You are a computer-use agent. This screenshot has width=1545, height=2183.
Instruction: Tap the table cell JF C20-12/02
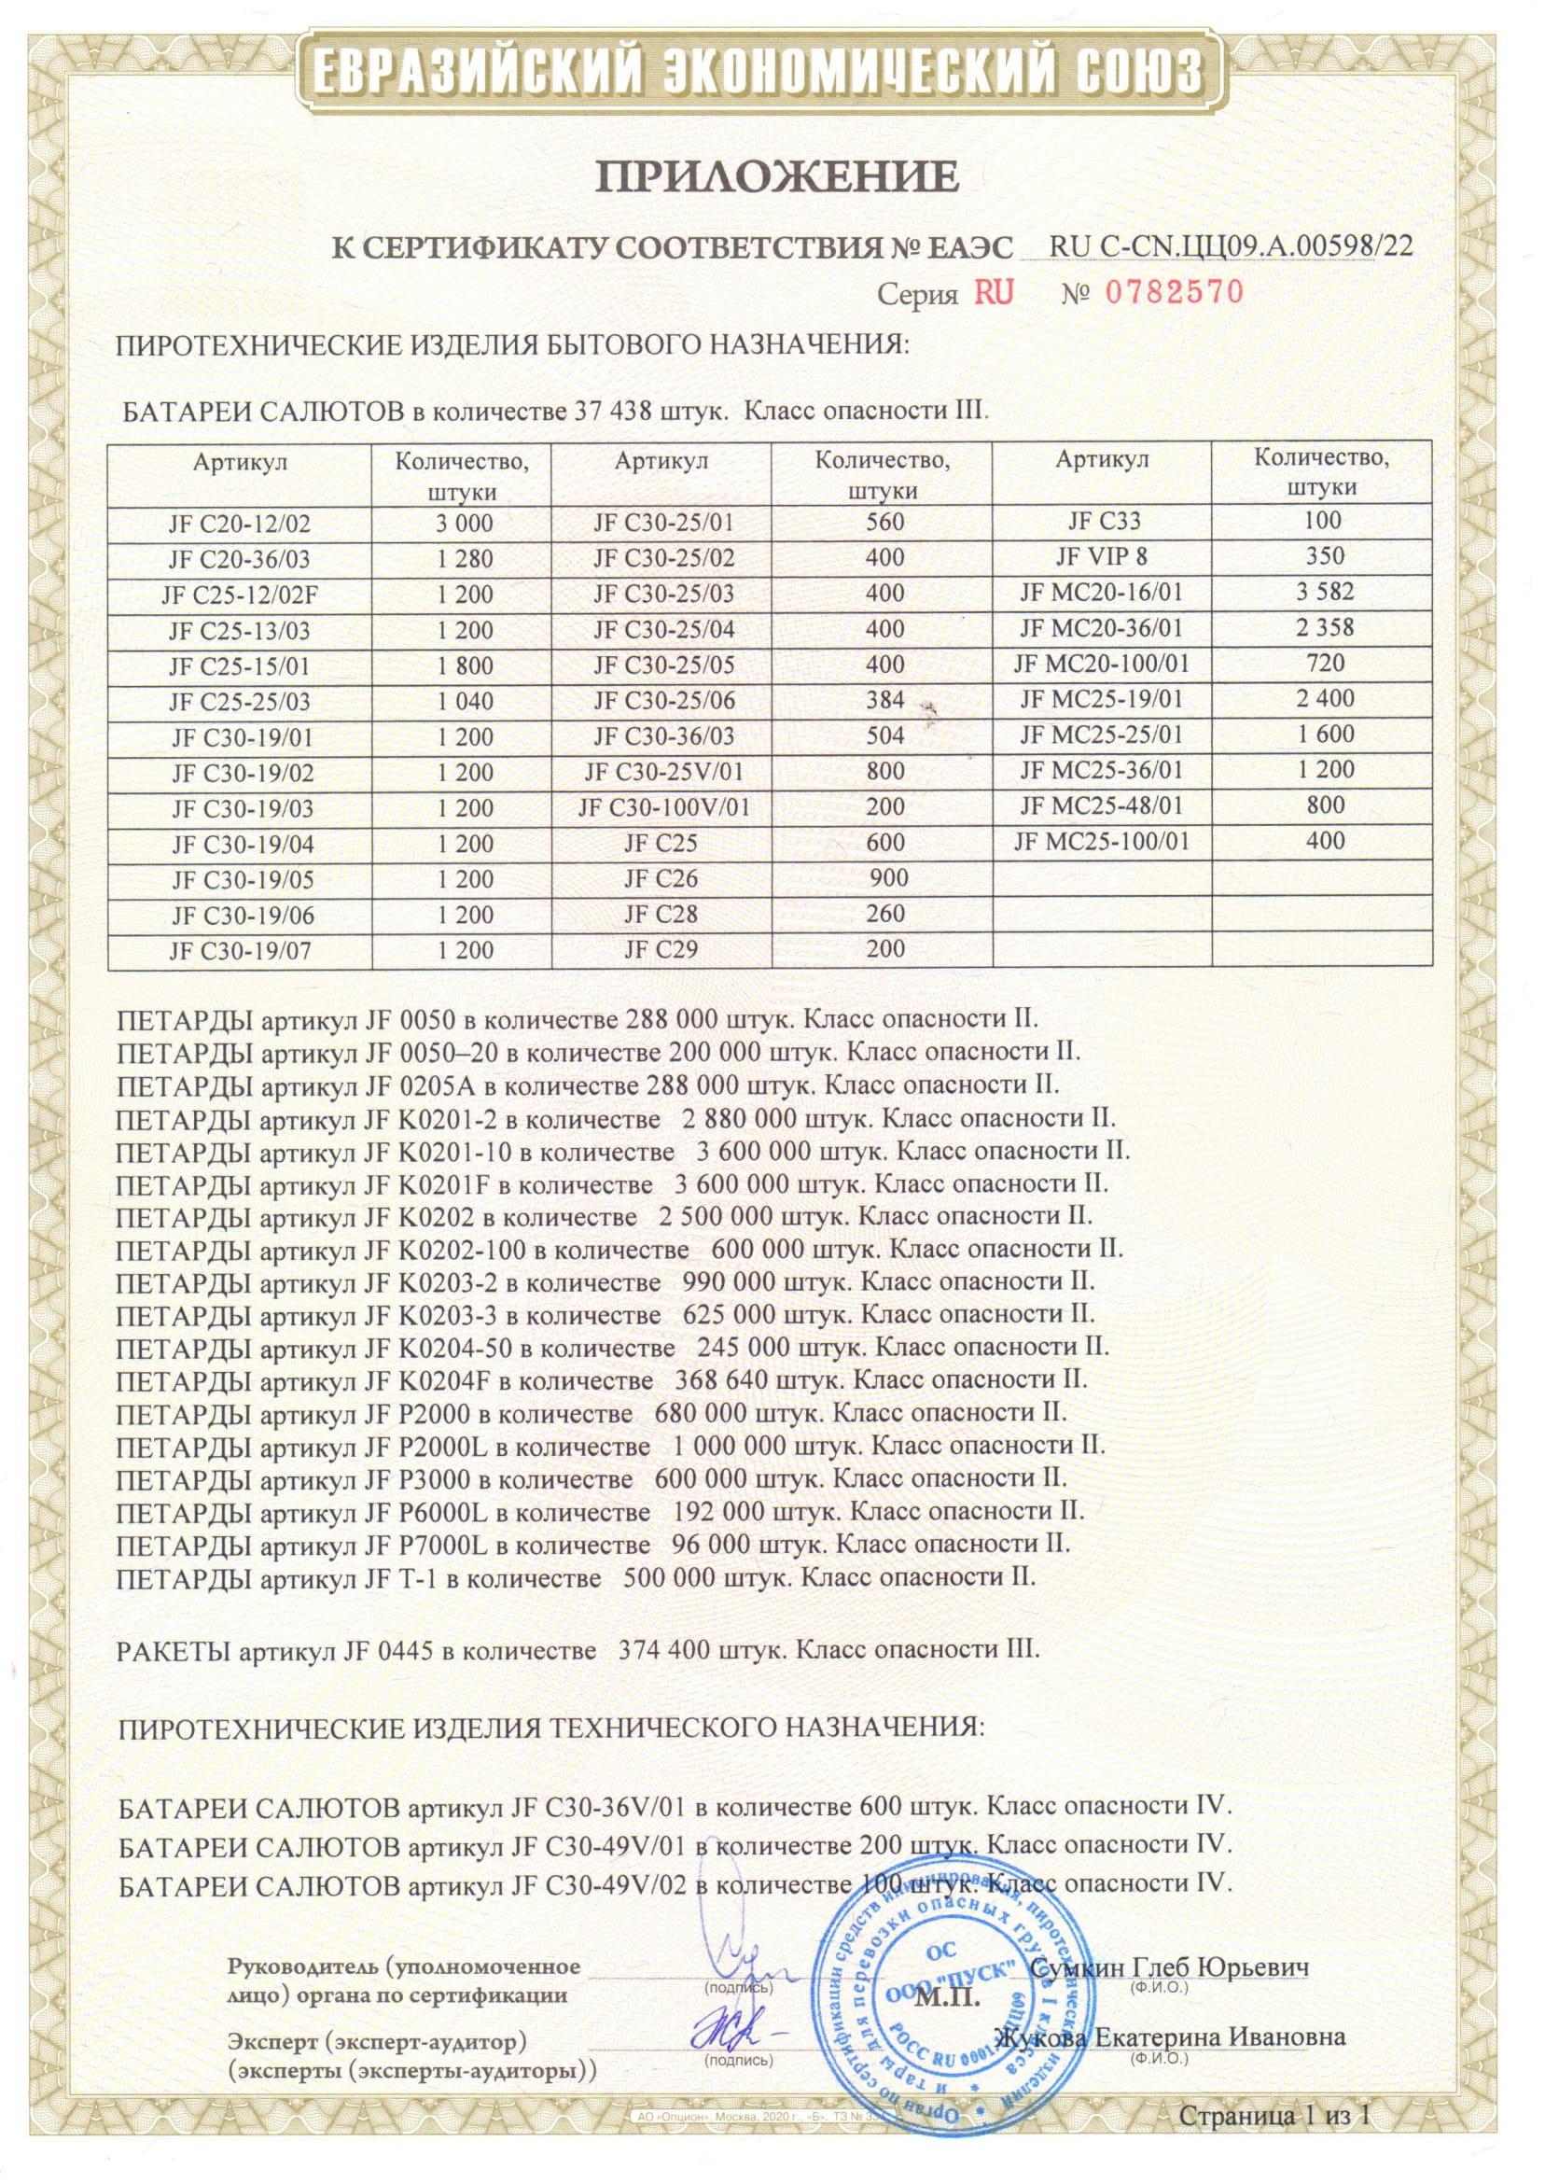click(239, 524)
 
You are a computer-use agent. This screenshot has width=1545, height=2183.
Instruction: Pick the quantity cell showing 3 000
click(466, 524)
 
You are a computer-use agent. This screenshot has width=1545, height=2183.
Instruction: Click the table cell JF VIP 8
click(1102, 556)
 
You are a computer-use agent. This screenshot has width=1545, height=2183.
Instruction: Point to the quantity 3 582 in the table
click(1324, 592)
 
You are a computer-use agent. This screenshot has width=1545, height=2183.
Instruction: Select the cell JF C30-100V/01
click(664, 808)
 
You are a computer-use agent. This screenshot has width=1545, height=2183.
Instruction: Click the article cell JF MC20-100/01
click(1102, 665)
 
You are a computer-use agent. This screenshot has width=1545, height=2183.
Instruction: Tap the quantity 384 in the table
click(884, 700)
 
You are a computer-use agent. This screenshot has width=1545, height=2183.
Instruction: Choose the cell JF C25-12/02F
click(239, 595)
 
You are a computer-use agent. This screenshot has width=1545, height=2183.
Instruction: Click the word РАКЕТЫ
click(175, 1649)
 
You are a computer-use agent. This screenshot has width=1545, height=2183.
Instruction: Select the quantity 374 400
click(663, 1649)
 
